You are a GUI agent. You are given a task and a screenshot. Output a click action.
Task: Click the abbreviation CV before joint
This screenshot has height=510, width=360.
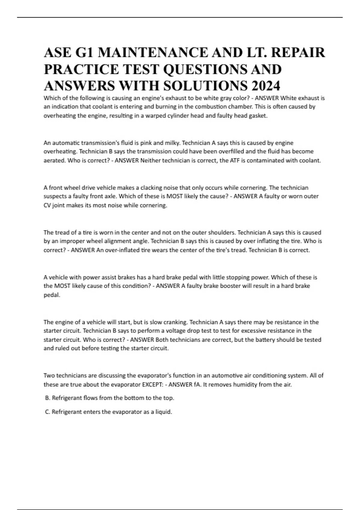coord(47,205)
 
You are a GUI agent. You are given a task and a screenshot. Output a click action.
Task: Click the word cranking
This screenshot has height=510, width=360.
coord(175,322)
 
